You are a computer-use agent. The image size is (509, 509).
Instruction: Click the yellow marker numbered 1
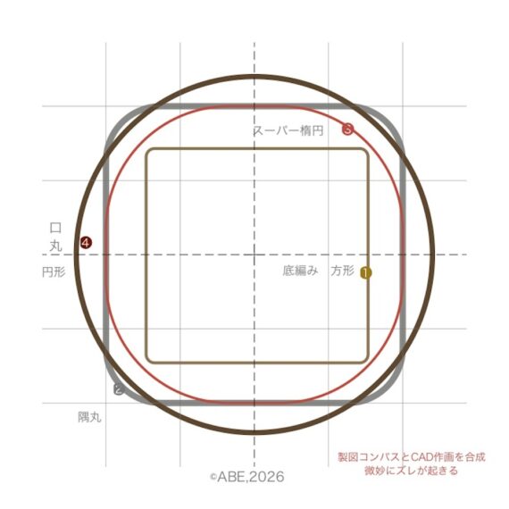366,273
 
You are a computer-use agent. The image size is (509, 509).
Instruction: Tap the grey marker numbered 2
119,388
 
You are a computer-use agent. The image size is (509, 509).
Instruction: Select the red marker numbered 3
347,129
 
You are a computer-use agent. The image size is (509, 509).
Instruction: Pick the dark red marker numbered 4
86,243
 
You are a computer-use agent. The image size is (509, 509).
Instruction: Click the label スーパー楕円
288,130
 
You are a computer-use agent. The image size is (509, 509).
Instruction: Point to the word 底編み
300,271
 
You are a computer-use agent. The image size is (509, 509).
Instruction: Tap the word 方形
343,271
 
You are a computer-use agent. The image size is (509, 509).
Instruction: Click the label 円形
54,272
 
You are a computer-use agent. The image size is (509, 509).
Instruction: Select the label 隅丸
89,417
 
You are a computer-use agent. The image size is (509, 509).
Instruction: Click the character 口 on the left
55,228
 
